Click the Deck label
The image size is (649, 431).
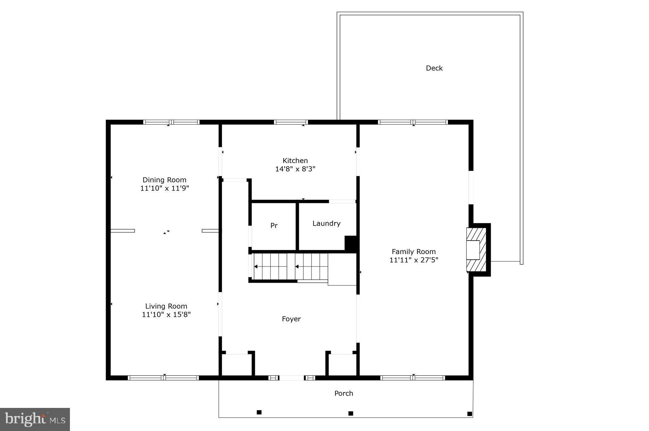pyautogui.click(x=434, y=68)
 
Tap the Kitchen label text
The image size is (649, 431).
pyautogui.click(x=295, y=161)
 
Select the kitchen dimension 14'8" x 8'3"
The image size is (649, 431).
pyautogui.click(x=295, y=169)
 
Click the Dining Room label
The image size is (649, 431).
pyautogui.click(x=164, y=180)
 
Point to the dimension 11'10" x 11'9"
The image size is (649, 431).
pyautogui.click(x=164, y=188)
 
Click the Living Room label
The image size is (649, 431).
pyautogui.click(x=166, y=306)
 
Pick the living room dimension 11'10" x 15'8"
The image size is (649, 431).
pyautogui.click(x=166, y=315)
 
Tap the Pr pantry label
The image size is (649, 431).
pyautogui.click(x=274, y=226)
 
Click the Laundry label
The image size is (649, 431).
pyautogui.click(x=326, y=224)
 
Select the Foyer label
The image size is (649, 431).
pyautogui.click(x=291, y=319)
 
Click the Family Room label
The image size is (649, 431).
pyautogui.click(x=413, y=252)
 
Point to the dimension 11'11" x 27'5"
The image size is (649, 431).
pyautogui.click(x=413, y=260)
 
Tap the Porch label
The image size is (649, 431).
pyautogui.click(x=344, y=394)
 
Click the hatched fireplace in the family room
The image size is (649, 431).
pyautogui.click(x=476, y=250)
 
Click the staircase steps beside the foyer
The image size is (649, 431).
pyautogui.click(x=290, y=266)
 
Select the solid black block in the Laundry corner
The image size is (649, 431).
pyautogui.click(x=351, y=243)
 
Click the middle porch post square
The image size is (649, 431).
pyautogui.click(x=351, y=413)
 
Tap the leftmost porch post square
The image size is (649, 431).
pyautogui.click(x=259, y=412)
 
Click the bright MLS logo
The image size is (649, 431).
pyautogui.click(x=35, y=419)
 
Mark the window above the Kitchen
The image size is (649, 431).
pyautogui.click(x=291, y=122)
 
